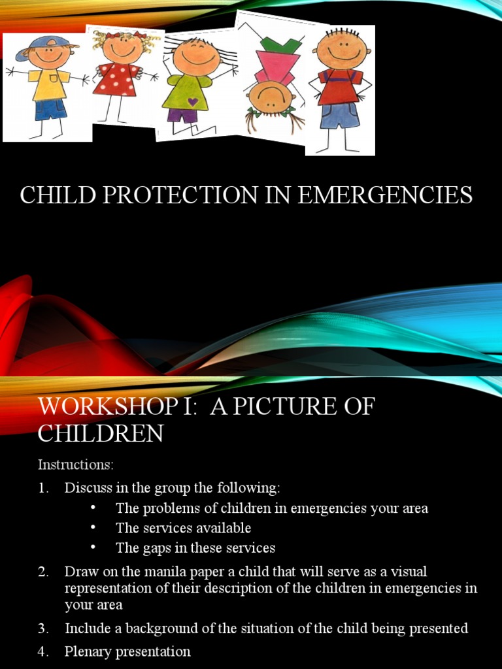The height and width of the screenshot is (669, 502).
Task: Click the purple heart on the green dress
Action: pos(192,101)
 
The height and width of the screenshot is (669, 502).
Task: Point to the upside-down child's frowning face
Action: pos(270,96)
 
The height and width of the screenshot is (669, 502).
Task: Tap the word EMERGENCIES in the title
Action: pos(386,195)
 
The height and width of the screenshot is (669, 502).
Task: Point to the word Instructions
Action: pos(76,465)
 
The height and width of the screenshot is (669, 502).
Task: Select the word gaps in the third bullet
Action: pos(154,547)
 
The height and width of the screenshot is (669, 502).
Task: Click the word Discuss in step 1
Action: pos(88,488)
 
